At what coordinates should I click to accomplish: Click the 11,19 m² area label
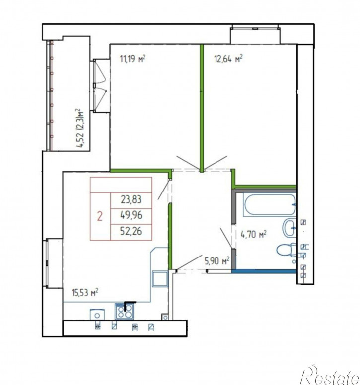coord(133,59)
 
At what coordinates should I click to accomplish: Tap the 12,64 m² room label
coord(228,59)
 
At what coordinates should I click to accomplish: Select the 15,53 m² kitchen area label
coord(85,292)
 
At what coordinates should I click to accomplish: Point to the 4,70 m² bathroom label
coord(253,235)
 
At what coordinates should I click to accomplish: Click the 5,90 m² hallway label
coord(217,261)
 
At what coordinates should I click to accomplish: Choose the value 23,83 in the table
coord(131,199)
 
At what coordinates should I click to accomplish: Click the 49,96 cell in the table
coord(131,215)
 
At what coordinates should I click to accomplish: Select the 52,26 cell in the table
coord(131,231)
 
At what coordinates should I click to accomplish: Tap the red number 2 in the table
coord(100,216)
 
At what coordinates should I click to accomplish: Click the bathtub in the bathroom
coord(270,205)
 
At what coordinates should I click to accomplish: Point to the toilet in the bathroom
coord(287,250)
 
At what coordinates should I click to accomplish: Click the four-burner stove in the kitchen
coord(124,312)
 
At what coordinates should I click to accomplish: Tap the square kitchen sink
coord(160,279)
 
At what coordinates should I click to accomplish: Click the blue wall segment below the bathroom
coord(264,271)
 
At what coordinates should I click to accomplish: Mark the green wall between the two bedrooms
coord(202,108)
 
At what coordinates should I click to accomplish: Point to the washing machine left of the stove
coord(97,315)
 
